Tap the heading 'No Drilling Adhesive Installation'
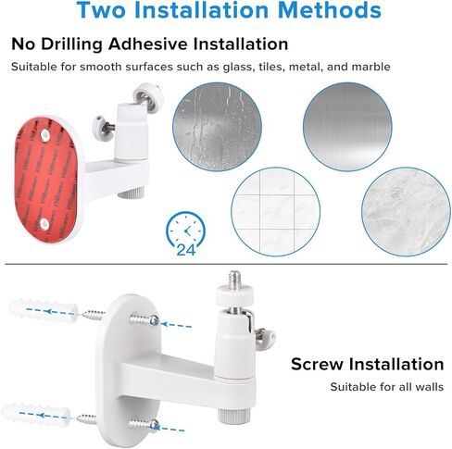(x=149, y=44)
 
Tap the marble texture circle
(x=405, y=211)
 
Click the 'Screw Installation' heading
(x=367, y=364)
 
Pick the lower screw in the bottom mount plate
(x=148, y=424)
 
